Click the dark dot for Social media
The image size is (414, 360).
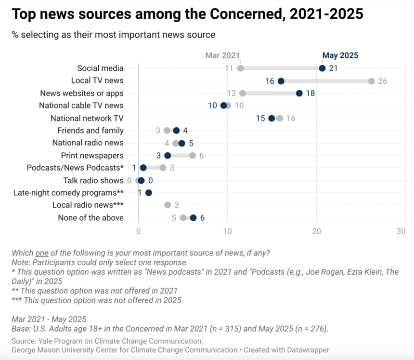(322, 68)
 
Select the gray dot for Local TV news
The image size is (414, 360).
(372, 80)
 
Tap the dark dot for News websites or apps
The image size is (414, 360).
(299, 93)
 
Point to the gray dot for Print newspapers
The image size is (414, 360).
(193, 155)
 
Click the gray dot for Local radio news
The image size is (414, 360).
(168, 205)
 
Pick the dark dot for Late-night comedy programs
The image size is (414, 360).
(148, 193)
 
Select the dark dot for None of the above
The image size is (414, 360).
(193, 218)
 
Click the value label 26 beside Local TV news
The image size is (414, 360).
(383, 80)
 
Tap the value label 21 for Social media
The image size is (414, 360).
(333, 68)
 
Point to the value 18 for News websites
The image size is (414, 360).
(310, 93)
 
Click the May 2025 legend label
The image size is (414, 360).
(340, 55)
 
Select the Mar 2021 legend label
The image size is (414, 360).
(222, 55)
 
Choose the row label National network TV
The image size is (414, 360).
(87, 118)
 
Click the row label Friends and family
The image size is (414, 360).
(91, 131)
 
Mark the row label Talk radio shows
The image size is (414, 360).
(93, 180)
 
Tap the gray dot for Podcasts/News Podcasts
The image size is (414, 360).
(163, 168)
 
